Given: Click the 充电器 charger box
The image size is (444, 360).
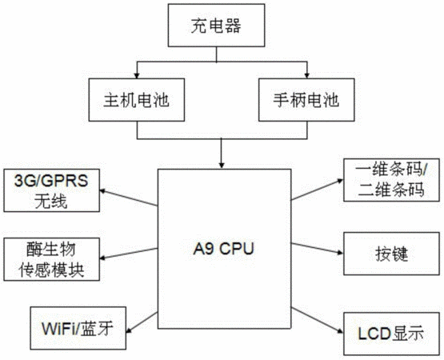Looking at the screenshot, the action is [216, 26].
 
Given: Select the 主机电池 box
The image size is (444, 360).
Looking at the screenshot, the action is [137, 100].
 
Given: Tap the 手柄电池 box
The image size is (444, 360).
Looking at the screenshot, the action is [306, 100].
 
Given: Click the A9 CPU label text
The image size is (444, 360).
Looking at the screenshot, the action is [223, 249].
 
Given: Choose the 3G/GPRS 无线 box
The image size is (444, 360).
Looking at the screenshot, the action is [52, 190].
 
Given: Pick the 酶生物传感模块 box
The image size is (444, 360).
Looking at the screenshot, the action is [52, 259].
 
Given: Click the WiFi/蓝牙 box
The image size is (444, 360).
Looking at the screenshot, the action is [78, 328].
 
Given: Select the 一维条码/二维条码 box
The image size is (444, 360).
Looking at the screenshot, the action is [392, 180].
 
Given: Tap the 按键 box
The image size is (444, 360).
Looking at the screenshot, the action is [392, 254].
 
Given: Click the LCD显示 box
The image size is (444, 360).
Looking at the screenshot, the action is [392, 334].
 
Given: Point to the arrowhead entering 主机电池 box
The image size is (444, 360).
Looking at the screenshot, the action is [137, 76].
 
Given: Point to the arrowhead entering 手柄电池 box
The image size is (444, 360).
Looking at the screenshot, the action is [306, 76].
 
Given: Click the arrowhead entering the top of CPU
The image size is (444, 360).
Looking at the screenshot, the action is [222, 166].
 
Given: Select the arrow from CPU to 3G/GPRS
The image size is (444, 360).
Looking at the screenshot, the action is [129, 198].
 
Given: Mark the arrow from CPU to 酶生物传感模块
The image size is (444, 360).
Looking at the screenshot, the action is [129, 254].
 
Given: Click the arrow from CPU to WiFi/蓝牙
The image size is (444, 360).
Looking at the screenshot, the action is [142, 322].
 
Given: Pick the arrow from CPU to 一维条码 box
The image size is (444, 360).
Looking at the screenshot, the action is [318, 190].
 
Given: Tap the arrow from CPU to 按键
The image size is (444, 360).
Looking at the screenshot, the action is [318, 248].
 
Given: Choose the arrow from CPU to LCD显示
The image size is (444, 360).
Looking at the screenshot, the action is [318, 320].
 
